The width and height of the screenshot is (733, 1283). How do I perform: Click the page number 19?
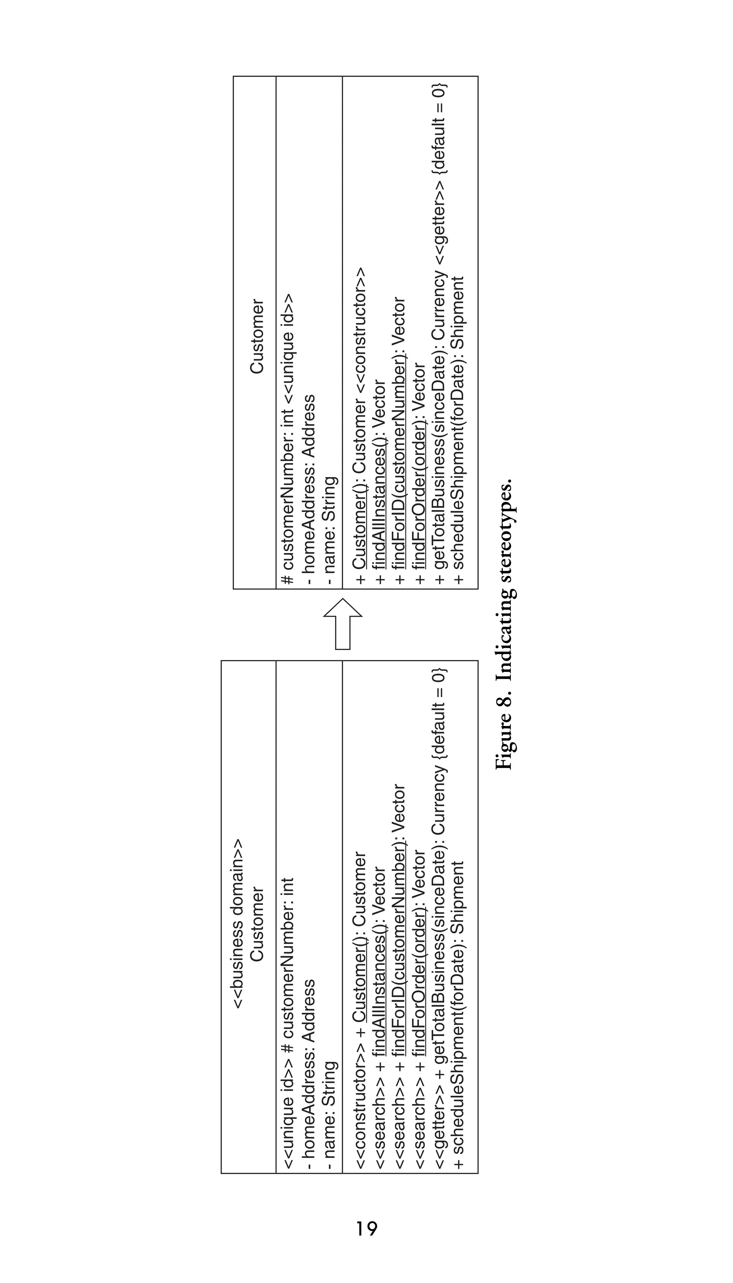click(x=366, y=1229)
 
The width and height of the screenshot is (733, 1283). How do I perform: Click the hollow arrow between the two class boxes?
click(x=343, y=624)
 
